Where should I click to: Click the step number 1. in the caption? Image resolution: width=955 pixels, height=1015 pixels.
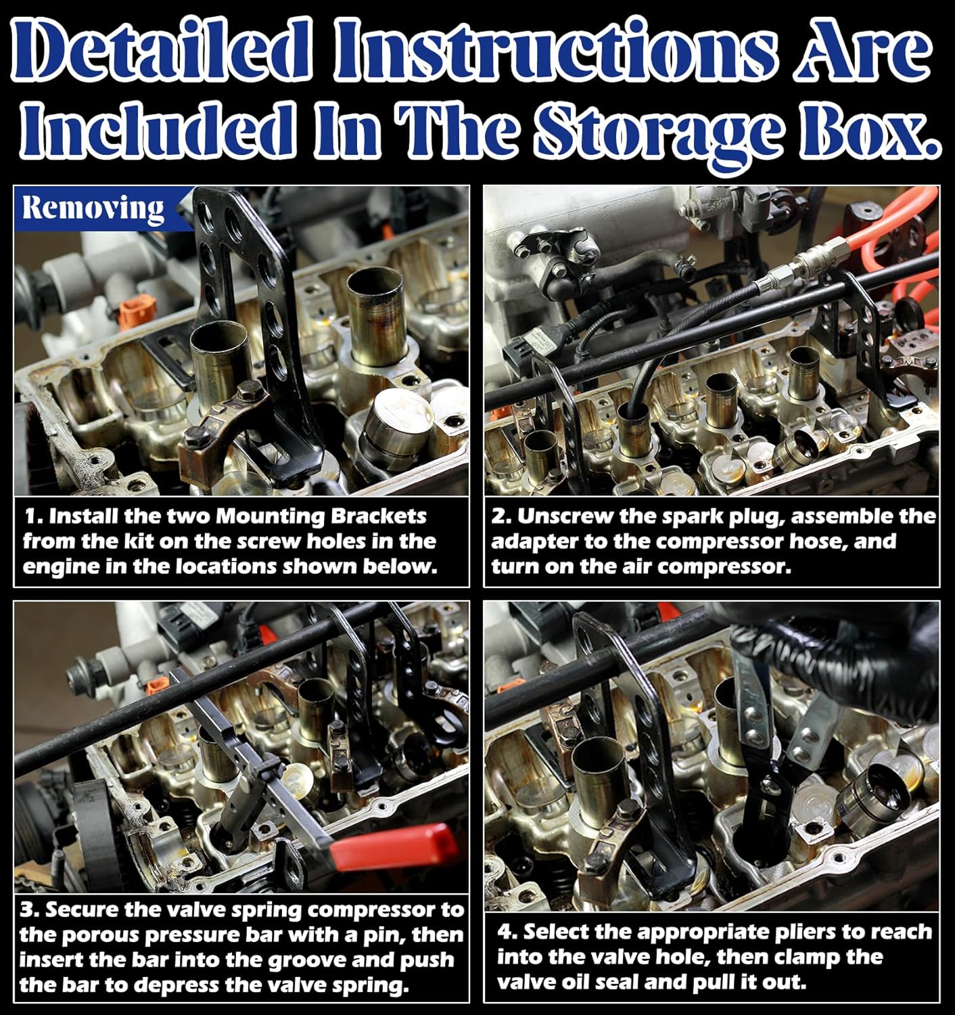pos(34,517)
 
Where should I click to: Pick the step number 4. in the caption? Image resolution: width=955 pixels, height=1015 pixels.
pos(507,932)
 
